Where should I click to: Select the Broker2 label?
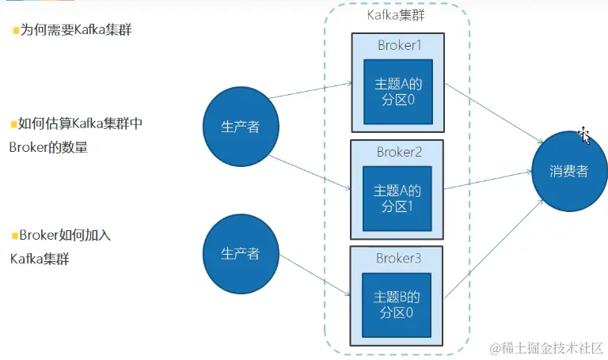click(x=398, y=152)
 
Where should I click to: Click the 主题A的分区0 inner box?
click(x=397, y=91)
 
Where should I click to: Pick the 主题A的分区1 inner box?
click(x=397, y=198)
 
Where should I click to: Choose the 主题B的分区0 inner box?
click(x=397, y=305)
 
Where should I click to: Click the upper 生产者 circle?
click(x=241, y=127)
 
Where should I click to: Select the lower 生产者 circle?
click(x=240, y=253)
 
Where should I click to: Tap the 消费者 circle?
click(x=569, y=171)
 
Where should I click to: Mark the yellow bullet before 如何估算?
click(x=13, y=123)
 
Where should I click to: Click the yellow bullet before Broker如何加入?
click(x=14, y=235)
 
